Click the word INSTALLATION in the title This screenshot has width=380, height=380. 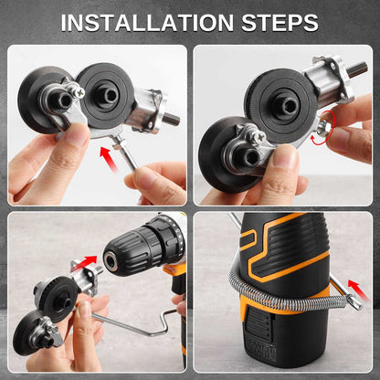click(147, 23)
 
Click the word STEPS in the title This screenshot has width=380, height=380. click(280, 23)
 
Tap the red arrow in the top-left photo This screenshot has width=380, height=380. click(109, 159)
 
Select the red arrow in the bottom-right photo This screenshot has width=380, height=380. click(358, 290)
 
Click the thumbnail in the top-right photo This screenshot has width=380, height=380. click(285, 155)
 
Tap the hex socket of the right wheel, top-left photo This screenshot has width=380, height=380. click(111, 96)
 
